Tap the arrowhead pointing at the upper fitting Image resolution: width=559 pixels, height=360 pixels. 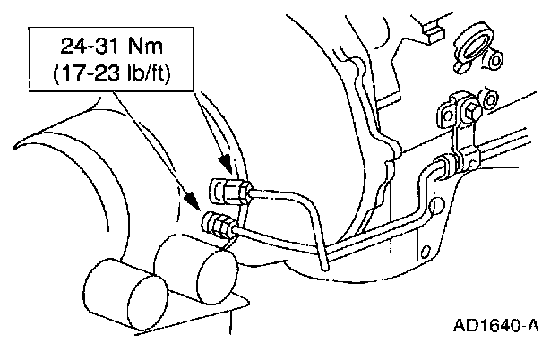[x=229, y=168]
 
